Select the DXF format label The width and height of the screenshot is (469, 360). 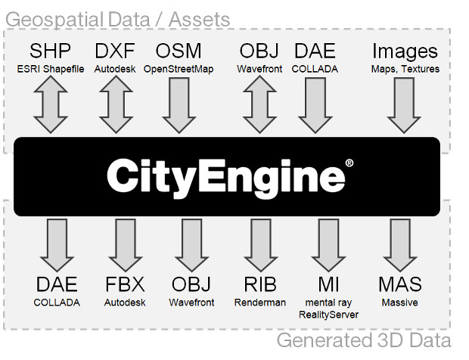click(x=115, y=52)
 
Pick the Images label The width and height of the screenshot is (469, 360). click(x=405, y=52)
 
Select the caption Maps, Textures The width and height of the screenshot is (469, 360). click(x=405, y=69)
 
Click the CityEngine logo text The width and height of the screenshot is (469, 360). click(x=225, y=175)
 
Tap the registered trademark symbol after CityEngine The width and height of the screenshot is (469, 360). click(x=349, y=163)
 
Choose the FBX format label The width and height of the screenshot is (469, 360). click(x=125, y=285)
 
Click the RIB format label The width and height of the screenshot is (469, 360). click(x=260, y=285)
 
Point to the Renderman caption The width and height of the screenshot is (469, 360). click(x=260, y=303)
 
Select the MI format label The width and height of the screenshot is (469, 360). click(x=328, y=285)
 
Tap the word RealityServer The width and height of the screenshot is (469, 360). click(x=328, y=314)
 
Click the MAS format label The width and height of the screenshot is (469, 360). click(x=400, y=285)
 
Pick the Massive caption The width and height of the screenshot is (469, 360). click(x=400, y=303)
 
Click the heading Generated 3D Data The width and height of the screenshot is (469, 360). click(x=363, y=340)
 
